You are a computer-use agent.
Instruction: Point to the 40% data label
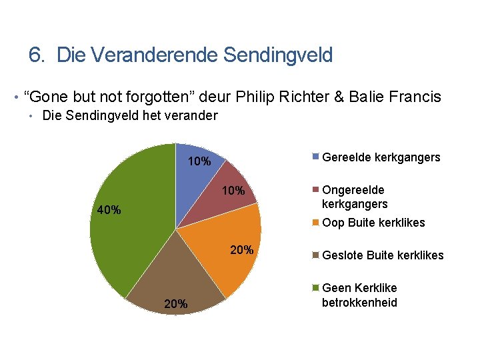[109, 211]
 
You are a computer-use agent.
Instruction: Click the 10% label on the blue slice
[199, 161]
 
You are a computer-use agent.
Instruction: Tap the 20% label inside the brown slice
[176, 305]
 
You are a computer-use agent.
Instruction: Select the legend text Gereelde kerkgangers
[381, 157]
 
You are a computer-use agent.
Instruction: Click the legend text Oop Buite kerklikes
[373, 223]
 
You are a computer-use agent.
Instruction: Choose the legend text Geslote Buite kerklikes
[382, 255]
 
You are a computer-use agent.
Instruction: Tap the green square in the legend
[317, 288]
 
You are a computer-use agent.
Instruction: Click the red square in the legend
[317, 190]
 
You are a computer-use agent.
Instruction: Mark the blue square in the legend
[317, 157]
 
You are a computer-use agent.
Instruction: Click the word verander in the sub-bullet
[192, 116]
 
